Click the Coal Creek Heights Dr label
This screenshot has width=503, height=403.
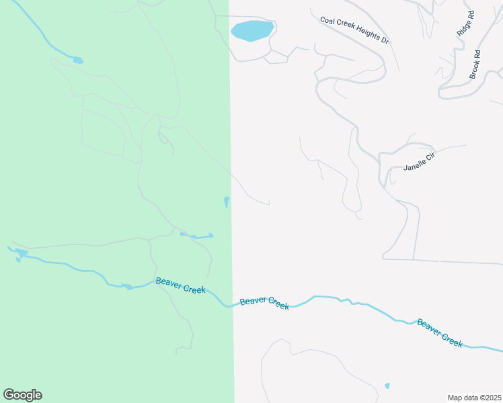tap(354, 30)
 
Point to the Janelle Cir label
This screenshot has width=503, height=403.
tap(420, 162)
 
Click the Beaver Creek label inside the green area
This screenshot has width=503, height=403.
tap(180, 285)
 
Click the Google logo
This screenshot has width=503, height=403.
tap(22, 395)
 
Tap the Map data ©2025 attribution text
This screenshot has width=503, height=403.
tap(474, 397)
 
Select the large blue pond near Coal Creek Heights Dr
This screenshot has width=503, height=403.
tap(251, 30)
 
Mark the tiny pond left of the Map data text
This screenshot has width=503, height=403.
tap(387, 386)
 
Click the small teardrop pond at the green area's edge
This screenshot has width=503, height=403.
tap(226, 201)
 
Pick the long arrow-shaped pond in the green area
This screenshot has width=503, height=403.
tap(198, 236)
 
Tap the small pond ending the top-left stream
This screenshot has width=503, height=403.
tap(78, 60)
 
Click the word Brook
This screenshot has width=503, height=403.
tap(473, 69)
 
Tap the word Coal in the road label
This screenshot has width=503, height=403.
tap(327, 20)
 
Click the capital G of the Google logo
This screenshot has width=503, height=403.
tap(9, 395)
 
